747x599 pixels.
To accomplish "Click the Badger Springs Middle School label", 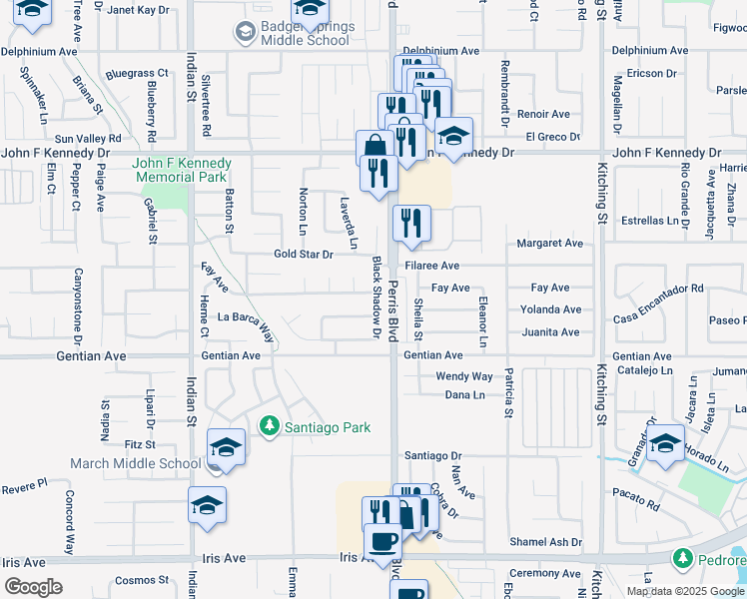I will point(306,33).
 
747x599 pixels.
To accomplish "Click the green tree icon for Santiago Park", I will point(268,426).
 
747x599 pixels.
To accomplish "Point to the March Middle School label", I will point(135,463).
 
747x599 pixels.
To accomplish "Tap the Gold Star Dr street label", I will point(303,255).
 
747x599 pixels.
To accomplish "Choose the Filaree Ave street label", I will point(432,266).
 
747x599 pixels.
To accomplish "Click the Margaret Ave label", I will point(549,244).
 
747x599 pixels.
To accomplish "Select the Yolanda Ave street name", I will point(556,309).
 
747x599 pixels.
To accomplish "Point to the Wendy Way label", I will point(463,376).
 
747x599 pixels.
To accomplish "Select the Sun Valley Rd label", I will point(88,138).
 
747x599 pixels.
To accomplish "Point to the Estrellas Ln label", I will point(650,221).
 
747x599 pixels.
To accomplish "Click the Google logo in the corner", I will point(33,587).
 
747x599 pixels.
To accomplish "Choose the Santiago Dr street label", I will point(433,455).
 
